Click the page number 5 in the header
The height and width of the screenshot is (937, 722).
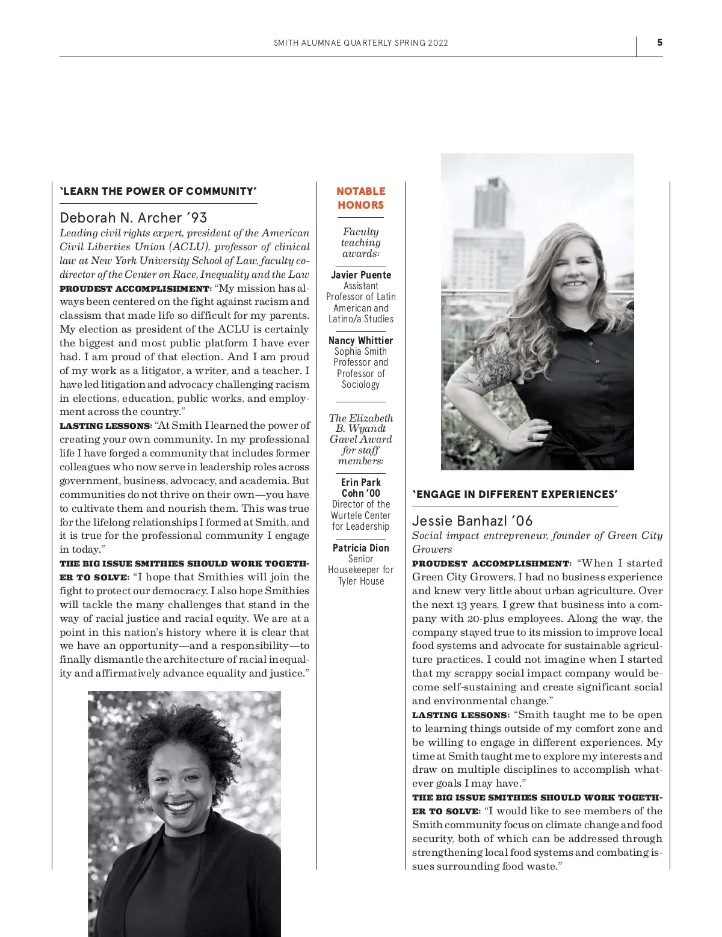click(x=659, y=43)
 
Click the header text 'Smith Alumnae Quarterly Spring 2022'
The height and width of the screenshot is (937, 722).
click(x=360, y=43)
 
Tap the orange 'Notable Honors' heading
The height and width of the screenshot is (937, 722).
click(x=360, y=198)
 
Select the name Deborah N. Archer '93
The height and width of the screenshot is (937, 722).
click(x=134, y=218)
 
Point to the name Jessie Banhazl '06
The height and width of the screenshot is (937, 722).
click(x=472, y=521)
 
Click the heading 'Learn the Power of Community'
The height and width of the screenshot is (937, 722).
click(x=158, y=191)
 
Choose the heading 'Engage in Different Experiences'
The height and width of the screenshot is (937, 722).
click(x=515, y=494)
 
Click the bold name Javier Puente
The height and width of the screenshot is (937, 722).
click(x=360, y=275)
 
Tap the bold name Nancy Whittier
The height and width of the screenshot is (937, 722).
click(x=360, y=340)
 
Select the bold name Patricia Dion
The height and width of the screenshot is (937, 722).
click(x=360, y=548)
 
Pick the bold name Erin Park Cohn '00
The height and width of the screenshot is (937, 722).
click(x=360, y=488)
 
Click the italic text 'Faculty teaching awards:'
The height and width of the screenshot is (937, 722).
click(x=360, y=242)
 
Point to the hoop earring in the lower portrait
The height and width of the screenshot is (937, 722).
click(x=147, y=804)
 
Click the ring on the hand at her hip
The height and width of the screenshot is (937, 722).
click(x=530, y=435)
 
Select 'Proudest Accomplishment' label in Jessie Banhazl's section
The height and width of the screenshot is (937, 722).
click(x=491, y=564)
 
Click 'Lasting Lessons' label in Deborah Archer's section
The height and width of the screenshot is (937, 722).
click(x=105, y=426)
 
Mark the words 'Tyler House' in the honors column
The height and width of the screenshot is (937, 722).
click(x=360, y=581)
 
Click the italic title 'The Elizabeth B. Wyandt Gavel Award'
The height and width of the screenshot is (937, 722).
click(x=360, y=428)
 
